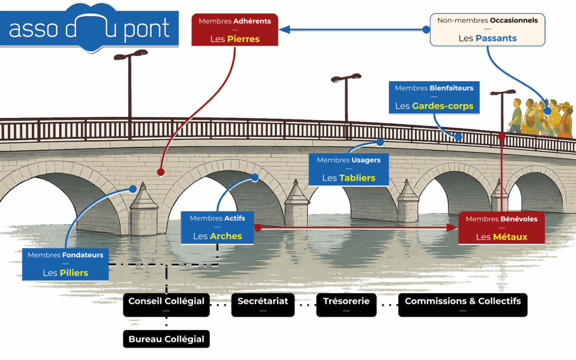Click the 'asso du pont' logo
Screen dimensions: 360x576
[x=90, y=28]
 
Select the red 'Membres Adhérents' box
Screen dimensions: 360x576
[x=235, y=30]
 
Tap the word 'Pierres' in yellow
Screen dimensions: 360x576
[x=244, y=39]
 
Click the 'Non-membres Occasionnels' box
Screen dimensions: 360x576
[x=487, y=30]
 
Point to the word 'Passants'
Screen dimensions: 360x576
[x=496, y=39]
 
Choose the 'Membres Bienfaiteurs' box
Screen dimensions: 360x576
[x=434, y=97]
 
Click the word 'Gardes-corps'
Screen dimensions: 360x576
[x=442, y=106]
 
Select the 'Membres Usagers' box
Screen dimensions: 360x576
[x=349, y=169]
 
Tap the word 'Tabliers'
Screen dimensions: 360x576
[x=357, y=178]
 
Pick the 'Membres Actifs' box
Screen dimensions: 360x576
[x=217, y=227]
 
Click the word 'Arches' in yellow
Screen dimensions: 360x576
[x=226, y=236]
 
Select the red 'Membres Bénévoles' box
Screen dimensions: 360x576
[x=502, y=227]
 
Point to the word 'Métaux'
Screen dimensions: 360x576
[x=510, y=237]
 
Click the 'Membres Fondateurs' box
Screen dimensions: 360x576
[x=65, y=263]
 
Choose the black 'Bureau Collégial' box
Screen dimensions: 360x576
[x=166, y=339]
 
